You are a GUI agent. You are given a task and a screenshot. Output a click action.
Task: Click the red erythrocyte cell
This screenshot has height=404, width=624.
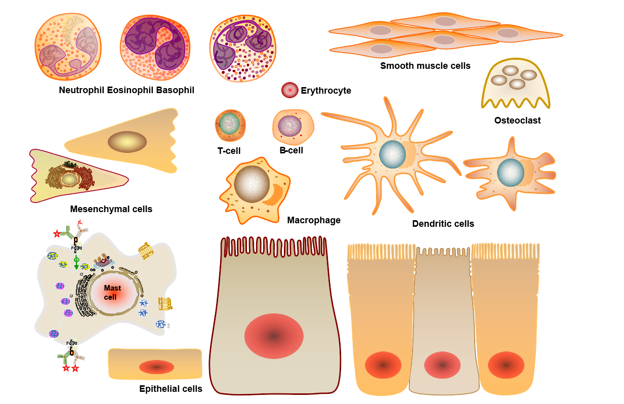(x=289, y=90)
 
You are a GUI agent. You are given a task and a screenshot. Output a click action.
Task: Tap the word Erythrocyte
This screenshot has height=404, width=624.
(x=325, y=91)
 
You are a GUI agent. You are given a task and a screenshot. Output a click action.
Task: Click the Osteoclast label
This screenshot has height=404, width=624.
(x=517, y=120)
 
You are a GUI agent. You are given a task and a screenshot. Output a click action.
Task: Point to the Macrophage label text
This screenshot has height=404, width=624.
(x=314, y=220)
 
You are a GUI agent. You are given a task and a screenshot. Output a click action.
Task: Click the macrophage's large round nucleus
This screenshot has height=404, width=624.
(x=252, y=184)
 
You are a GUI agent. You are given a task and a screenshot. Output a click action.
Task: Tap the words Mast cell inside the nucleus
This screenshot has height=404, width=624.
(x=110, y=292)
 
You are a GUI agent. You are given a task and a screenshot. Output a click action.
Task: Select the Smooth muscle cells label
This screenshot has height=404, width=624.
(x=425, y=66)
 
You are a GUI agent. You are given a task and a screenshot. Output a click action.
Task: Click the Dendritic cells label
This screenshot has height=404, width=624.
(x=443, y=224)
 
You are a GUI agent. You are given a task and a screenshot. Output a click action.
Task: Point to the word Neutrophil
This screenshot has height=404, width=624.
(x=81, y=91)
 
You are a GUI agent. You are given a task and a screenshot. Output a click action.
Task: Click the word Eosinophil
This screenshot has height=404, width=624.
(x=130, y=91)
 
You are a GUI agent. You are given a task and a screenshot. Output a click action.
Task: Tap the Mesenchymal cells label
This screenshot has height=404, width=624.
(x=111, y=209)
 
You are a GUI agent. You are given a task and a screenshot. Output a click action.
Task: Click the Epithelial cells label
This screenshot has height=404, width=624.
(x=171, y=389)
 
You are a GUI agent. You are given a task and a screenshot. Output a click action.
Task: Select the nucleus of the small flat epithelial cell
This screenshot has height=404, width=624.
(x=156, y=367)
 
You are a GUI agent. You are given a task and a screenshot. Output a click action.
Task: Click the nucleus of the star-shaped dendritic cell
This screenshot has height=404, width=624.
(x=392, y=154)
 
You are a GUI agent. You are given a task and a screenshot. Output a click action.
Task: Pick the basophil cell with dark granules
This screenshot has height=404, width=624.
(x=242, y=48)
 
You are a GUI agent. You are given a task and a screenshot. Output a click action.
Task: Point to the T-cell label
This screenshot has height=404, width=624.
(x=229, y=150)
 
